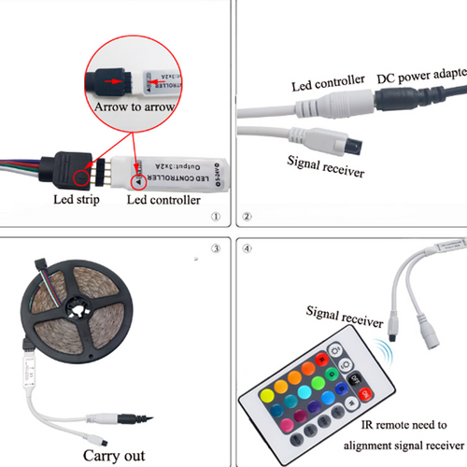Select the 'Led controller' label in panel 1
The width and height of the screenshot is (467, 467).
163,200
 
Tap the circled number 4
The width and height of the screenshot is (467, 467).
247,248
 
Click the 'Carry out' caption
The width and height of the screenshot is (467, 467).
116,456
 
